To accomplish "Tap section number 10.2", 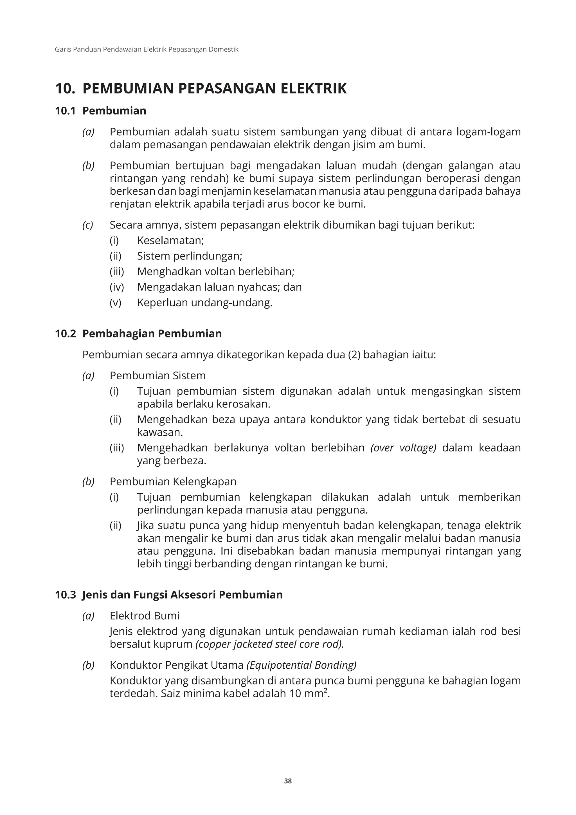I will coord(66,334).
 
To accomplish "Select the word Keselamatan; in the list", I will coord(170,241).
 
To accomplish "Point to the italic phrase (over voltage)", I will coord(403,448).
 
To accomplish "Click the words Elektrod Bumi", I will coord(144,615).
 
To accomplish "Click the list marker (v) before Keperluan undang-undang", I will coord(115,303).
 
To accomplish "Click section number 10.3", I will coord(66,595).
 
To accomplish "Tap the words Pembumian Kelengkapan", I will coord(173,482).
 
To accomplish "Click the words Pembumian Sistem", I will coord(157,375).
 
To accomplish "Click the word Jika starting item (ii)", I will coord(145,525).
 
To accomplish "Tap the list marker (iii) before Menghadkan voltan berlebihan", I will coord(117,272).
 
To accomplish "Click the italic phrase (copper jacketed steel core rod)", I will coord(269,644).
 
